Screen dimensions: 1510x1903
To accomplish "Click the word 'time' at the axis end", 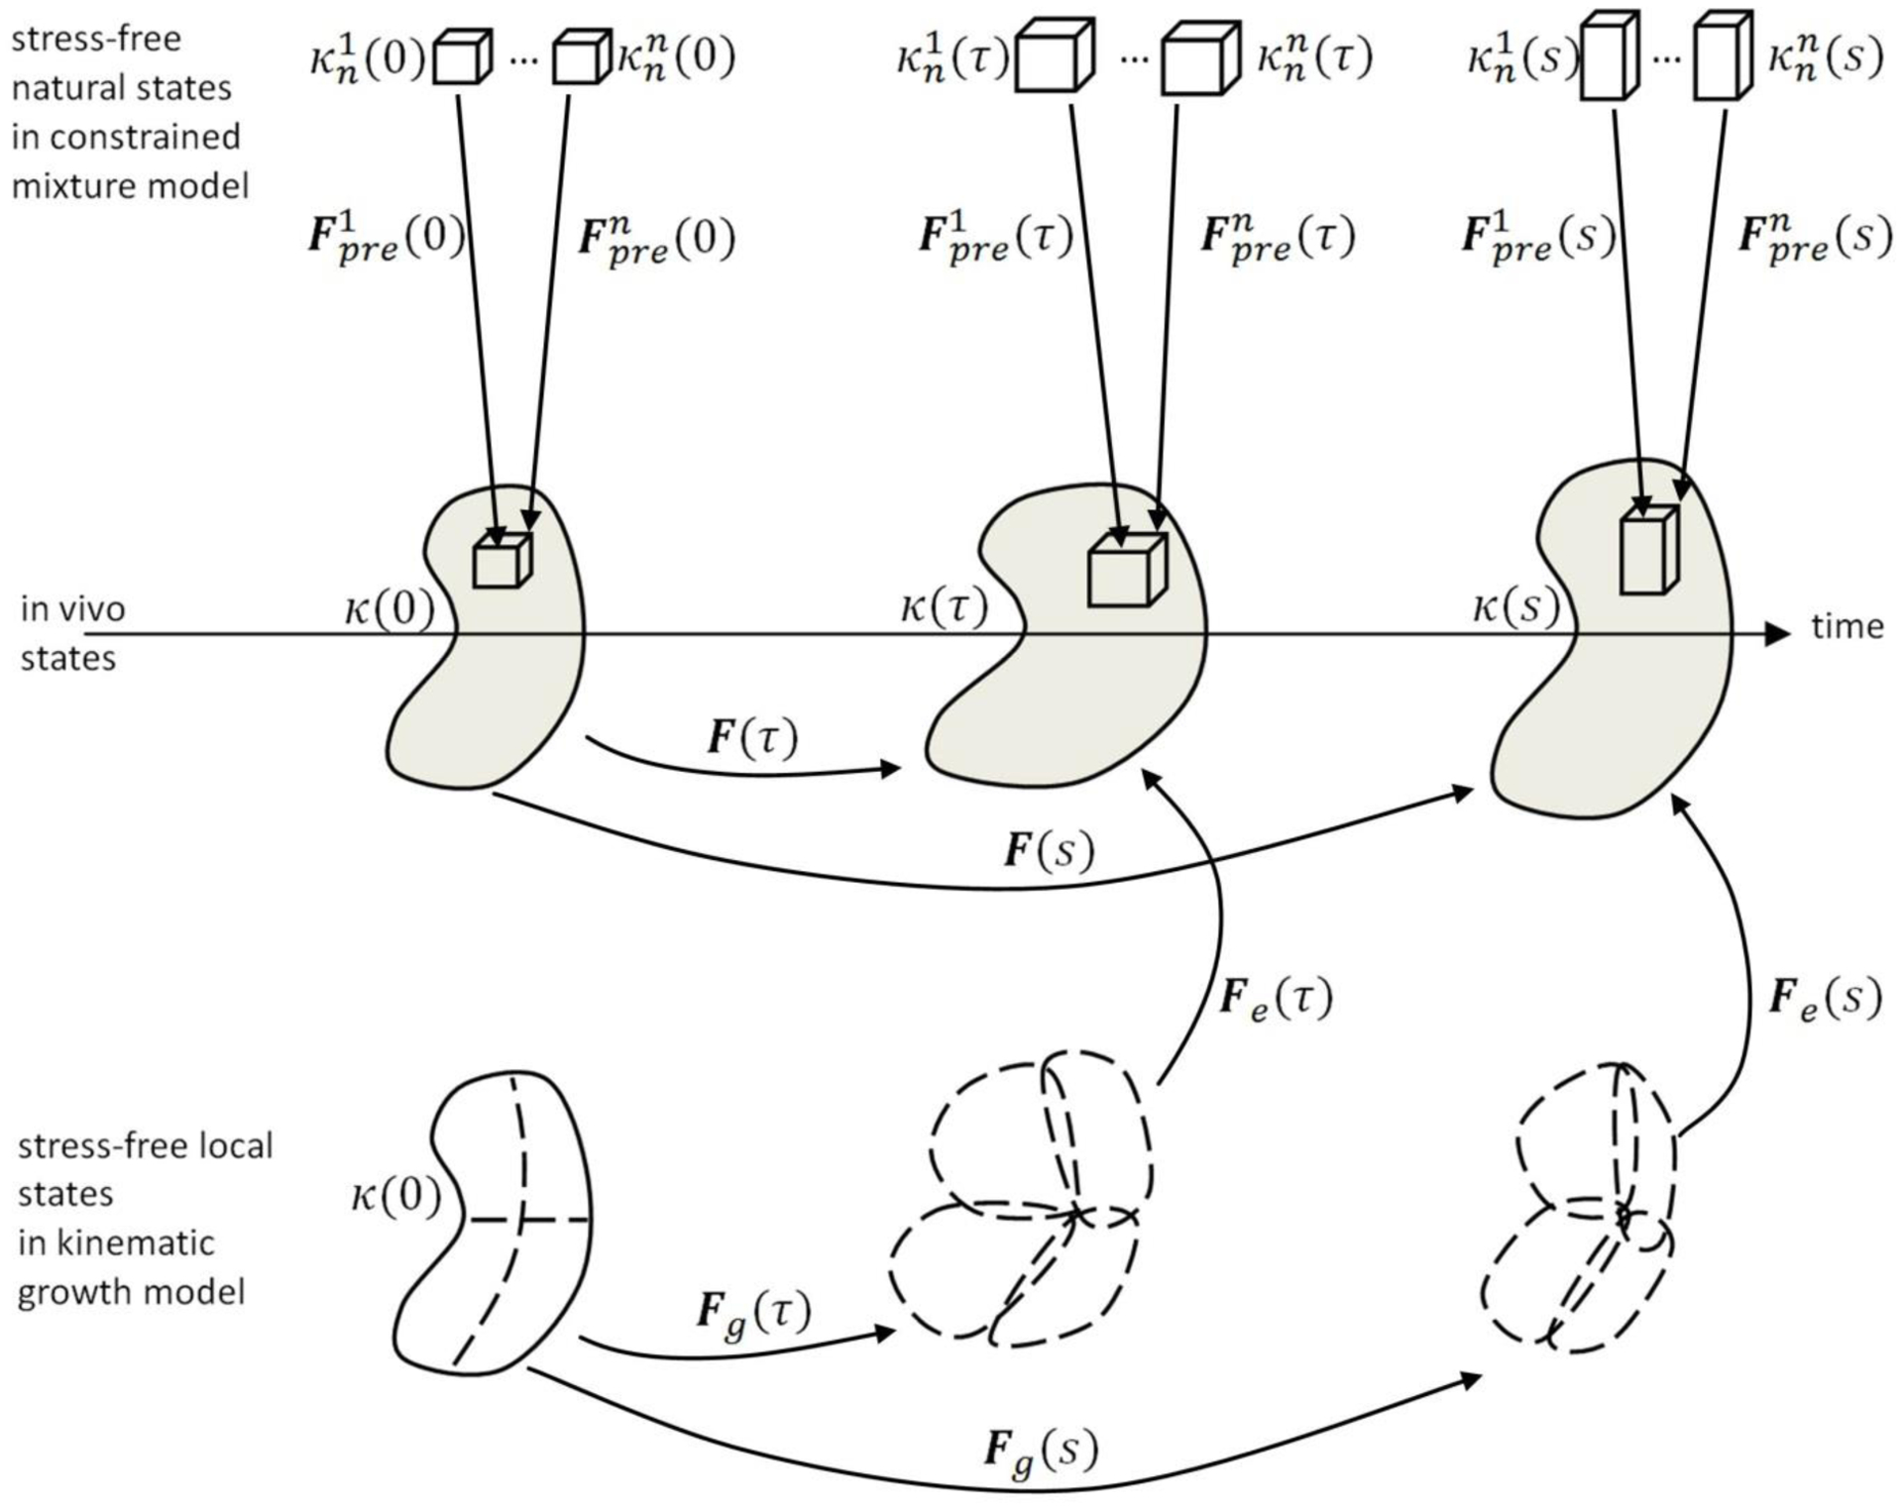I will [x=1847, y=626].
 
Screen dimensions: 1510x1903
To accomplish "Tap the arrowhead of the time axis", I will [x=1779, y=634].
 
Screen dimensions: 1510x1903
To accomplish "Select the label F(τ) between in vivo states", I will [x=752, y=738].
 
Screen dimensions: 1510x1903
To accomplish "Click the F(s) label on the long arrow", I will [x=1049, y=851].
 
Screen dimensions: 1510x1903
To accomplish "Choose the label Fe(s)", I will [x=1825, y=998].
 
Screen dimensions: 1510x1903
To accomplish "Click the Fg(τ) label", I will [x=753, y=1314].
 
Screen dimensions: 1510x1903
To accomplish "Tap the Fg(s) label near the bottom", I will [x=1041, y=1451].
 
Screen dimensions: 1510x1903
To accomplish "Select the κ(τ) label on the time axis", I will [x=944, y=605].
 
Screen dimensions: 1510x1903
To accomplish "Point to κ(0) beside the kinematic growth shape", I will [x=395, y=1196].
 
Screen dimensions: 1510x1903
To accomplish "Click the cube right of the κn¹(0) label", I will [x=462, y=57].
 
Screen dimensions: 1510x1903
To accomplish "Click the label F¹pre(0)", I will [x=387, y=238].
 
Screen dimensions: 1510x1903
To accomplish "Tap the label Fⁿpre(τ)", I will [x=1277, y=238].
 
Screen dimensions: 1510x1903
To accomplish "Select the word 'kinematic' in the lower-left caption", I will [x=118, y=1242].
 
